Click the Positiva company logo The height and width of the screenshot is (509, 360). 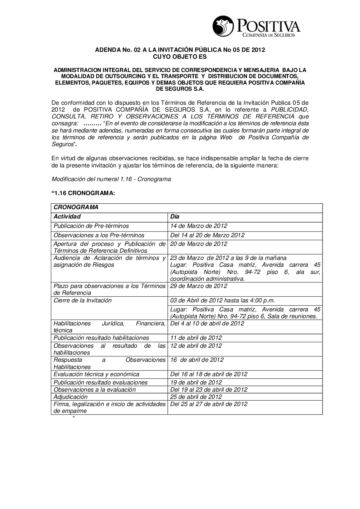point(256,27)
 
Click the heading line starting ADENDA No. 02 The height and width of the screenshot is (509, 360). point(180,50)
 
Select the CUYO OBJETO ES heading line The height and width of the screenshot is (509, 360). point(180,57)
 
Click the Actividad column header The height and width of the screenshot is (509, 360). point(67,217)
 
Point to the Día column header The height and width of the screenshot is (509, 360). point(175,217)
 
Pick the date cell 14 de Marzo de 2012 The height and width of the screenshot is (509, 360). point(199,226)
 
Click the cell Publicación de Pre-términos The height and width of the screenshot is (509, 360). point(91,226)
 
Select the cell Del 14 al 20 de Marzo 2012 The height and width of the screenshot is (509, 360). point(207,235)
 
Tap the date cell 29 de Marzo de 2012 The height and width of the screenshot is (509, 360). point(199,286)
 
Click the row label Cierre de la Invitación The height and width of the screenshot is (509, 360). point(82,301)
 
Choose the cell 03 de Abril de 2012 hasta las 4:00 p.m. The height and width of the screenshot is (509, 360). point(222,301)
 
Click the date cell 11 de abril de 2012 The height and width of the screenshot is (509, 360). point(196,338)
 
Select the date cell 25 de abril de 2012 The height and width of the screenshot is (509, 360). point(196,397)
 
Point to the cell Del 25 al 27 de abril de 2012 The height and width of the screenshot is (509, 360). point(209,404)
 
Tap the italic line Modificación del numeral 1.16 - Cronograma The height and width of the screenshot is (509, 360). point(111,179)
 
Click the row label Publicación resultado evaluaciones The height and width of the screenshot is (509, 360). point(100,383)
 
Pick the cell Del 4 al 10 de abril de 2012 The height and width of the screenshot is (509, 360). point(207,324)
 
